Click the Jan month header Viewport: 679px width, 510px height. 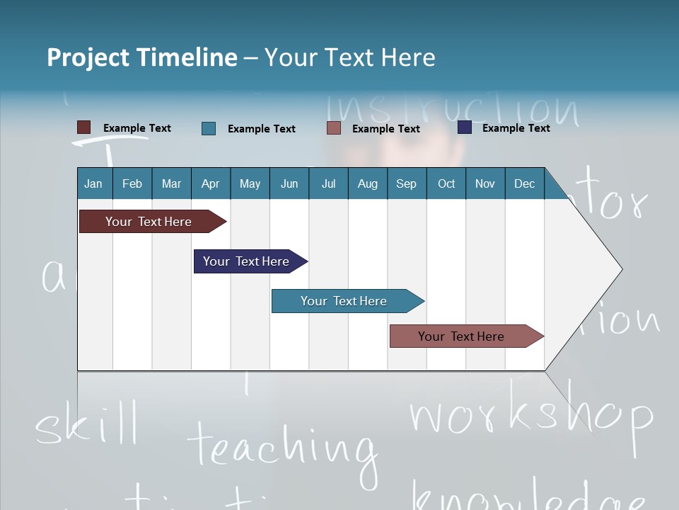pyautogui.click(x=94, y=183)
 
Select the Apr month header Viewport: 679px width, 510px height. pyautogui.click(x=211, y=183)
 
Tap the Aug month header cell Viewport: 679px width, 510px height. pyautogui.click(x=367, y=183)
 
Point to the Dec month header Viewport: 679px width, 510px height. pyautogui.click(x=524, y=183)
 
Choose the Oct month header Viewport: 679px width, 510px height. pyautogui.click(x=446, y=183)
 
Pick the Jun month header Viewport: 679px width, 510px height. pyautogui.click(x=289, y=183)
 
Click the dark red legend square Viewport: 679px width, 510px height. pyautogui.click(x=84, y=127)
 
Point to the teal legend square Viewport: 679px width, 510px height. pyautogui.click(x=209, y=128)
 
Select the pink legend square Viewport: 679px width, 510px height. pyautogui.click(x=334, y=128)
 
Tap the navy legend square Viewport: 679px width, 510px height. pyautogui.click(x=465, y=127)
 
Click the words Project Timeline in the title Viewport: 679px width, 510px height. pyautogui.click(x=142, y=57)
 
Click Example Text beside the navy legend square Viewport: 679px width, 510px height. pyautogui.click(x=516, y=128)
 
